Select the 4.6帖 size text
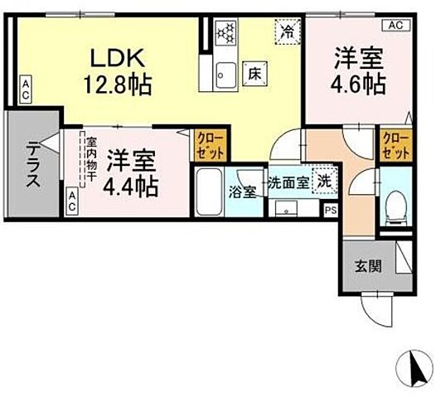[358, 85]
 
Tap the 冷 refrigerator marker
[287, 33]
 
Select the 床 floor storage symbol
[254, 73]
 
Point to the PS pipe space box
[330, 211]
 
